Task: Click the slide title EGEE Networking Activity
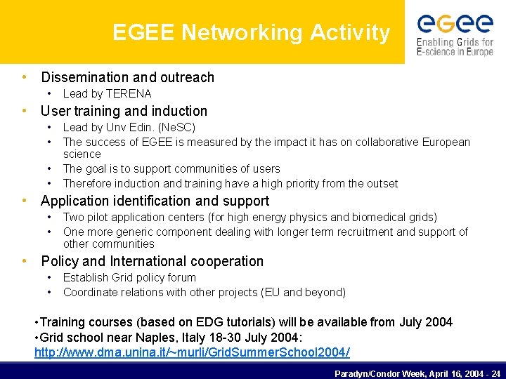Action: pos(251,32)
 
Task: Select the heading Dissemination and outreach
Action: pos(127,77)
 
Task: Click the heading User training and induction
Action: pos(124,111)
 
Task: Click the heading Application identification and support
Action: pos(155,201)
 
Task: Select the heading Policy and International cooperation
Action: pos(152,261)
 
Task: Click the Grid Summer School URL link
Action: pos(192,352)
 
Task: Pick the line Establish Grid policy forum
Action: pos(129,277)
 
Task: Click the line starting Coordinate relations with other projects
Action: pos(204,292)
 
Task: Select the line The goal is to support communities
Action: pos(171,168)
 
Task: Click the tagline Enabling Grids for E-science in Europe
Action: pos(455,47)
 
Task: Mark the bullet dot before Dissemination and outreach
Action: pos(25,77)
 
